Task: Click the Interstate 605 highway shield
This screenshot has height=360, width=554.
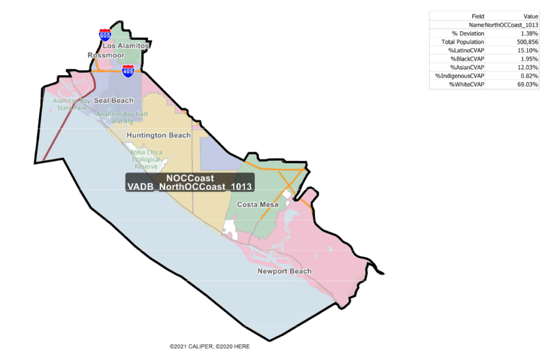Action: [x=105, y=35]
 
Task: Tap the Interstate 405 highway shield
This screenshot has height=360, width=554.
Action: [x=128, y=71]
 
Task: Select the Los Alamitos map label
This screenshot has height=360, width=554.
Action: [x=126, y=46]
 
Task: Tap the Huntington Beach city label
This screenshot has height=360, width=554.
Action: [x=159, y=135]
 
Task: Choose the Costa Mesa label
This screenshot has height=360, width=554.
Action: [x=258, y=205]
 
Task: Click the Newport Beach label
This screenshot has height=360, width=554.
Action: [x=285, y=271]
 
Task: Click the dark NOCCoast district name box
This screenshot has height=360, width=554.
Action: [x=190, y=182]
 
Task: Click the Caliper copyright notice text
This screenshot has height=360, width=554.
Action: [x=210, y=346]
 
